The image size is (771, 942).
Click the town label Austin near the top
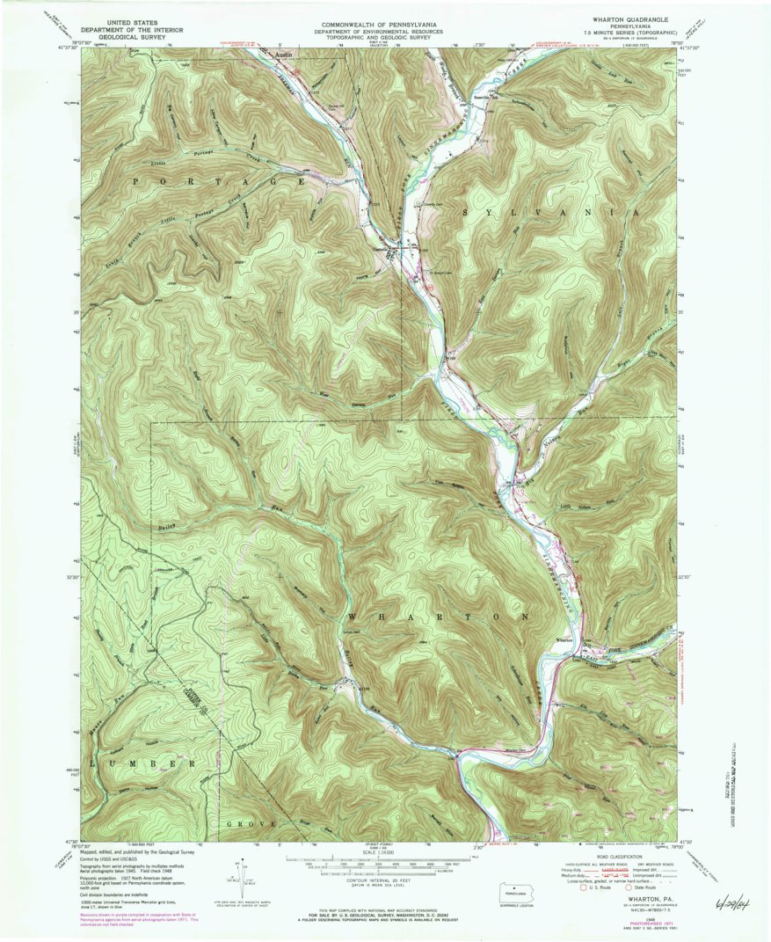pos(282,55)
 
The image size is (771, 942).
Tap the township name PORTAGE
pos(220,180)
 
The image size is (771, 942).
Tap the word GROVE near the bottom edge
pos(251,824)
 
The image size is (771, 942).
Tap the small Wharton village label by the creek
pos(565,640)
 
